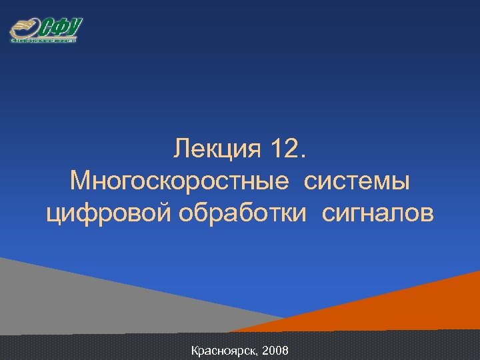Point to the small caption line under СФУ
point(44,41)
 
